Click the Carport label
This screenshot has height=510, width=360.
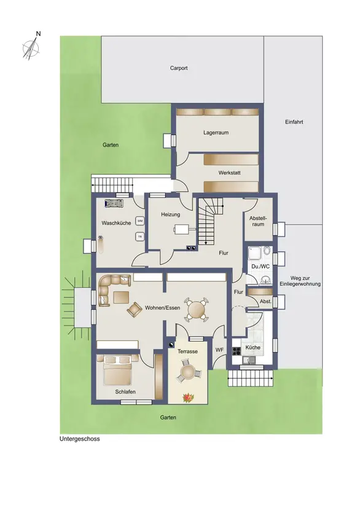(179, 68)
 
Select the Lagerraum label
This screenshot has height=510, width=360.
(216, 133)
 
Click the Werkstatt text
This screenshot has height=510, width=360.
(229, 173)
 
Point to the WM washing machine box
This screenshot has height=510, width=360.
(140, 221)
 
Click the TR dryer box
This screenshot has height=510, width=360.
(140, 237)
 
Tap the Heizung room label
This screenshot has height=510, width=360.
(170, 214)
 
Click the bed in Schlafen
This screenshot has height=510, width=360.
(117, 370)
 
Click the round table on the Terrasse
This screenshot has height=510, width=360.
(188, 371)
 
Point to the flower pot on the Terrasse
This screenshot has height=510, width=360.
(188, 398)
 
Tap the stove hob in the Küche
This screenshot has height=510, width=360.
(237, 351)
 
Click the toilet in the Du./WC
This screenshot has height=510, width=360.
(267, 250)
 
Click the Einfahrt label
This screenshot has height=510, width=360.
(294, 122)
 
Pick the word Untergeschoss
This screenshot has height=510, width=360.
(80, 439)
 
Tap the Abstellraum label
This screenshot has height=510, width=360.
(257, 221)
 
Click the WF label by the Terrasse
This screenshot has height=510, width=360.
(219, 350)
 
